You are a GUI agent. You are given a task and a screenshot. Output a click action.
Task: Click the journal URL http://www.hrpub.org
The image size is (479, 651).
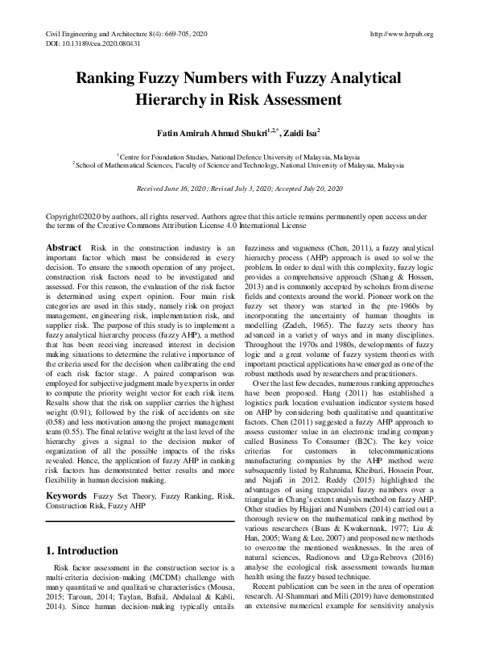(x=401, y=34)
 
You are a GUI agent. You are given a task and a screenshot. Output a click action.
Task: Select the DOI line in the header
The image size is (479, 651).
(x=85, y=44)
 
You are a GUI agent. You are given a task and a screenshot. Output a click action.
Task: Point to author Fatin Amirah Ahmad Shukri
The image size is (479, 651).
(x=212, y=132)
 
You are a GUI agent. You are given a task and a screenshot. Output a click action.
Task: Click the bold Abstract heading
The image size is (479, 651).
(x=64, y=247)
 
